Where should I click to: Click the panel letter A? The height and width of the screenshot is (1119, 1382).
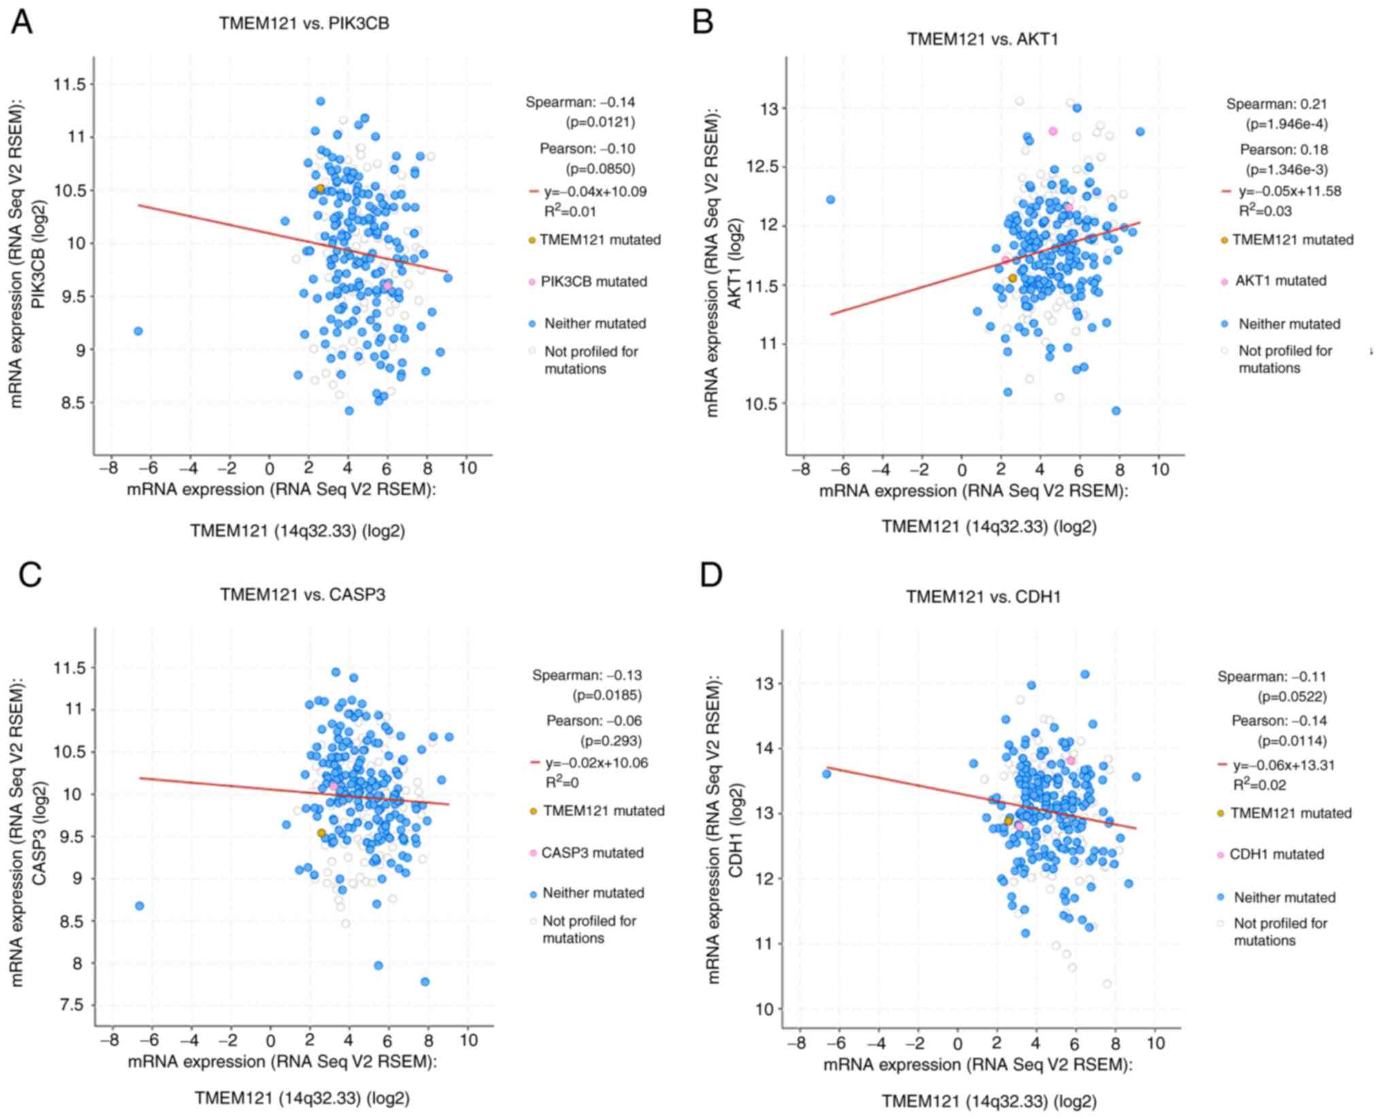coord(22,22)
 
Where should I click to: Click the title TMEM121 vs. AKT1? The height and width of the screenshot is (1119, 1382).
coord(982,39)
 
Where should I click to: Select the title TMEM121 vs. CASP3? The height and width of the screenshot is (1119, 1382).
coord(303,595)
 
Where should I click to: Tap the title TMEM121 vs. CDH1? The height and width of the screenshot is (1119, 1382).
coord(983,597)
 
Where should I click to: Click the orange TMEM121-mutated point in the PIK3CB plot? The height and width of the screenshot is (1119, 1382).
coord(320,188)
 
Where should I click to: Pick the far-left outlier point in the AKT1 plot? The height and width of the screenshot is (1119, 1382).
coord(830,199)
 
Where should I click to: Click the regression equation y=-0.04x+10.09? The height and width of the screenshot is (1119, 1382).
coord(595,192)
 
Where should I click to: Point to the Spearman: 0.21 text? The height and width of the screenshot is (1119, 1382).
coord(1276,104)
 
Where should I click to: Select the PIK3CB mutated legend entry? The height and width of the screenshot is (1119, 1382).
coord(593,282)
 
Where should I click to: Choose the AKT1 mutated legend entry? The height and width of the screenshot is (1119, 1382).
coord(1280,281)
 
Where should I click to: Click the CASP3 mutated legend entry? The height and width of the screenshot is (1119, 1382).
coord(592,852)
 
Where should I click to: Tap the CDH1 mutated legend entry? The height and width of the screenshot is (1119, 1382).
coord(1276,854)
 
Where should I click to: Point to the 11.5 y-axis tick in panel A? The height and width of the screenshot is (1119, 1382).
coord(70,84)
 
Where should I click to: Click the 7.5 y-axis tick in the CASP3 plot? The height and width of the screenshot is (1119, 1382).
coord(72,1005)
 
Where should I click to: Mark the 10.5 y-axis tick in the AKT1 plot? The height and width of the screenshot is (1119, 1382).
coord(761,404)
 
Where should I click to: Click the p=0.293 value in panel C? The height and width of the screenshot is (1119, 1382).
coord(611,741)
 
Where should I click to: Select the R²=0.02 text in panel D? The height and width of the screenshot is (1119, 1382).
coord(1260,785)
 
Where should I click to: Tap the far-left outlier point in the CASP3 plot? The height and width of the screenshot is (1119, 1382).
coord(139,905)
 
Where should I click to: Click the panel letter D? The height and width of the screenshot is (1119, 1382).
coord(711,575)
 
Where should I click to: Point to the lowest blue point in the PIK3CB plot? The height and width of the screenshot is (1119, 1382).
coord(349,411)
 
